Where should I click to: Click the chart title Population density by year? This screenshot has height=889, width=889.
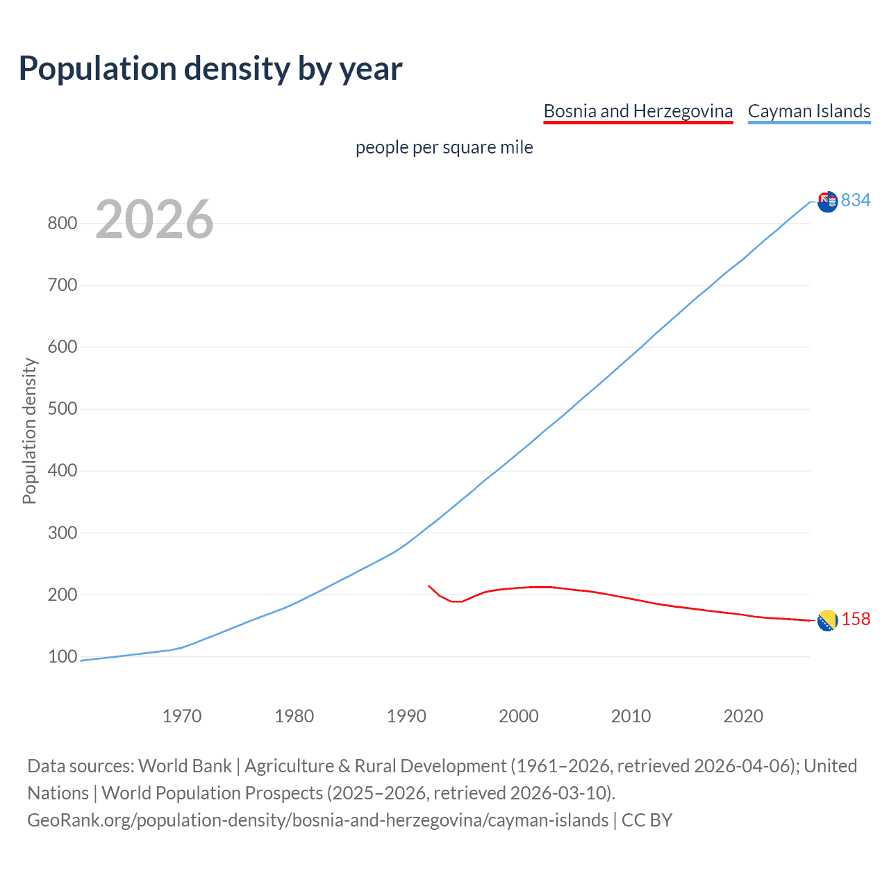[x=210, y=69]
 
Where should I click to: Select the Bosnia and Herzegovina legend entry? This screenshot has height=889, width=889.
[x=638, y=111]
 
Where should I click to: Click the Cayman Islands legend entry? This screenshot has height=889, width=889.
[x=808, y=111]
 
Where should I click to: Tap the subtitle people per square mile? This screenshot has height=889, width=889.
[x=444, y=147]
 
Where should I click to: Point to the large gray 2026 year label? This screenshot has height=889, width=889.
[x=154, y=219]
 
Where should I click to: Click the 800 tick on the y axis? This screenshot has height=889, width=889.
[x=62, y=223]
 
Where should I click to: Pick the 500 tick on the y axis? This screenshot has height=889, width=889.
[x=62, y=408]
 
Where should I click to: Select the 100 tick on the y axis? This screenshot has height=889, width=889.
[x=62, y=656]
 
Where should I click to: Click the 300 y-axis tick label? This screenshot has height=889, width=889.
[x=62, y=533]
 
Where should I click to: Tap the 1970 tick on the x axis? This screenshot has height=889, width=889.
[x=182, y=716]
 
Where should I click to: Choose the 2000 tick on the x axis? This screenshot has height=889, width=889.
[x=518, y=716]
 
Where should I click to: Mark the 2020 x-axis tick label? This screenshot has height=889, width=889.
[x=743, y=716]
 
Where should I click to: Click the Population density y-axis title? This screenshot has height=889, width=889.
[x=29, y=431]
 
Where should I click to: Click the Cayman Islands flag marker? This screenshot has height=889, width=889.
[x=827, y=201]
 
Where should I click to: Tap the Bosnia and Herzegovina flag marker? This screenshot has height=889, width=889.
[x=827, y=620]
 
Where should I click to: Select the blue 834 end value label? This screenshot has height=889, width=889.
[x=856, y=200]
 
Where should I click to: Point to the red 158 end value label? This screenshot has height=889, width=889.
[x=856, y=619]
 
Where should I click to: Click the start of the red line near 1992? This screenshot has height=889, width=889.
[x=429, y=586]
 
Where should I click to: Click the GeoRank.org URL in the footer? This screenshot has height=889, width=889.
[x=317, y=820]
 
